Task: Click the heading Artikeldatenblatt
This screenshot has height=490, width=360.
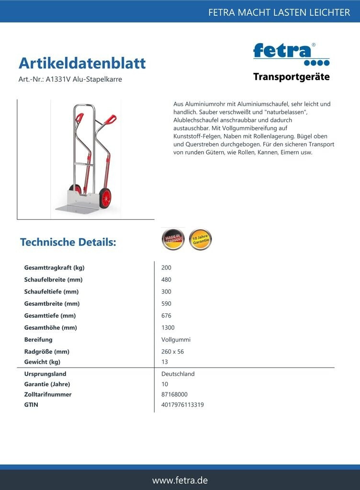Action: [82, 63]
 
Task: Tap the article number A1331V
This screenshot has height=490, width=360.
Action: [56, 79]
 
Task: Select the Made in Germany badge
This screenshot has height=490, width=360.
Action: [173, 239]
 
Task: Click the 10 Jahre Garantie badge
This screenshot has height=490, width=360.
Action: [200, 239]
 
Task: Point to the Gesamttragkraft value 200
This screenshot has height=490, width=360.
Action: [167, 267]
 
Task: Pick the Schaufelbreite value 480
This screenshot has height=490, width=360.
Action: [167, 279]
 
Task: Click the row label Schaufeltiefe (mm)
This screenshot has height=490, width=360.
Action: [51, 291]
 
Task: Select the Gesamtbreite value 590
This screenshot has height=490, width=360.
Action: [167, 303]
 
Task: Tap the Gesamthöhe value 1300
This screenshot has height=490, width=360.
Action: [168, 327]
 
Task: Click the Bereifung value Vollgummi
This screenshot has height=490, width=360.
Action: [176, 339]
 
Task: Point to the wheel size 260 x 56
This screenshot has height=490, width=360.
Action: [173, 351]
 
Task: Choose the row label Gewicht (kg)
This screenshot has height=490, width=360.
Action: [42, 362]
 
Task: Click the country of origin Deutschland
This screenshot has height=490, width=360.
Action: [178, 374]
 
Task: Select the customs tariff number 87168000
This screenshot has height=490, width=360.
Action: [175, 394]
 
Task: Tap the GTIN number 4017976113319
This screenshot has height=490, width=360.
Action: [183, 404]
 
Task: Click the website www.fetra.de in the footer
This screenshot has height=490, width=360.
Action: [180, 480]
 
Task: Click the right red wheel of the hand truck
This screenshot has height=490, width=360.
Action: [105, 198]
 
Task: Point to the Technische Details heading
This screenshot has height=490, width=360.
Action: [68, 242]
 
